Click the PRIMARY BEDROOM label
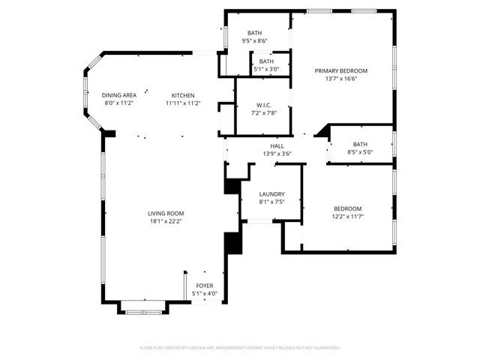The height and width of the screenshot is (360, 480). pyautogui.click(x=346, y=70)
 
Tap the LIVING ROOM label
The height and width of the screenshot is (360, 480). pyautogui.click(x=165, y=213)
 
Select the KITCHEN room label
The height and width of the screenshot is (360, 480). pyautogui.click(x=183, y=95)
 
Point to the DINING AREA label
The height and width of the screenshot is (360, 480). pyautogui.click(x=119, y=95)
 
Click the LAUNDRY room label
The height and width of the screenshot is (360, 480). pyautogui.click(x=271, y=193)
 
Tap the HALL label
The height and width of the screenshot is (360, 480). pyautogui.click(x=277, y=145)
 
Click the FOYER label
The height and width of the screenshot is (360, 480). pyautogui.click(x=204, y=286)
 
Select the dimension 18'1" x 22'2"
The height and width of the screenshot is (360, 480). pyautogui.click(x=165, y=221)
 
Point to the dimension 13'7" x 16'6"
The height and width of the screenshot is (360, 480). pyautogui.click(x=346, y=79)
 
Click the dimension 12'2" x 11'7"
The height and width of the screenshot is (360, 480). pyautogui.click(x=347, y=216)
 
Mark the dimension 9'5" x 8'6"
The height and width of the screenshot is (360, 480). pyautogui.click(x=255, y=41)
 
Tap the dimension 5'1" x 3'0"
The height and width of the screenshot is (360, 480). pyautogui.click(x=266, y=69)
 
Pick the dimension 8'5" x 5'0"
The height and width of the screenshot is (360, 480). pyautogui.click(x=360, y=152)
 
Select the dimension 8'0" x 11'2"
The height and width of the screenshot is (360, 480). pyautogui.click(x=119, y=103)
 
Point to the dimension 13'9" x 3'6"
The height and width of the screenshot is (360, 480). pyautogui.click(x=277, y=154)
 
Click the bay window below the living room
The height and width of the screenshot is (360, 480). pyautogui.click(x=142, y=305)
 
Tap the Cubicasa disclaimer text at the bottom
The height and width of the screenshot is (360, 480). pyautogui.click(x=240, y=348)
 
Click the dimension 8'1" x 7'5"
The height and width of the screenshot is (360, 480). pyautogui.click(x=271, y=202)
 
